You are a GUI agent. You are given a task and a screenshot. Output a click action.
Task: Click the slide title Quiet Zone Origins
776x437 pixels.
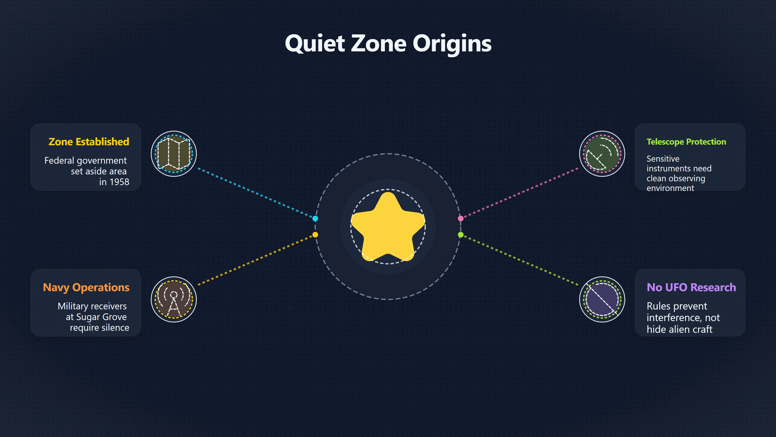[x=388, y=44]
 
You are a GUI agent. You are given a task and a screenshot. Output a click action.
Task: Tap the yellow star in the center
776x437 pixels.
[x=388, y=227]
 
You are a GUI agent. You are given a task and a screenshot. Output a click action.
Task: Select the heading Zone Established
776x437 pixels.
[x=89, y=142]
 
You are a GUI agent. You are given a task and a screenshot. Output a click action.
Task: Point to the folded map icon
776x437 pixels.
[x=174, y=154]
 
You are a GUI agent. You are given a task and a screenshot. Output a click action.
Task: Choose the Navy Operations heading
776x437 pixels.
[x=86, y=287]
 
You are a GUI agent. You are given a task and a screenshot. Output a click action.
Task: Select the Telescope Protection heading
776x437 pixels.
[x=686, y=142]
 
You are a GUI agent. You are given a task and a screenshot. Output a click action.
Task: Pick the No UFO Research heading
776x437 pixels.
[x=691, y=287]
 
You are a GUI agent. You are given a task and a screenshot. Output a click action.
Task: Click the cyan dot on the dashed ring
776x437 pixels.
[x=315, y=218]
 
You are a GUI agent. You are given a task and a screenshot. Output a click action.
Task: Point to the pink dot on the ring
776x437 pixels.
[x=461, y=218]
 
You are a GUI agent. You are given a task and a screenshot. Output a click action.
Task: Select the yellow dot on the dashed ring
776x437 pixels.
[x=315, y=235]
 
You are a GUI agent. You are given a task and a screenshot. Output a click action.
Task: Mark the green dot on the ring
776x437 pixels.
[x=461, y=235]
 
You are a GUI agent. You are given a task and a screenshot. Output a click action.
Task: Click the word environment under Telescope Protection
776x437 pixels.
[x=670, y=188]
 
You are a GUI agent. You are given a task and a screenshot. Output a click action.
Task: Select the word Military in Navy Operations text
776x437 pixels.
[x=73, y=307]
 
